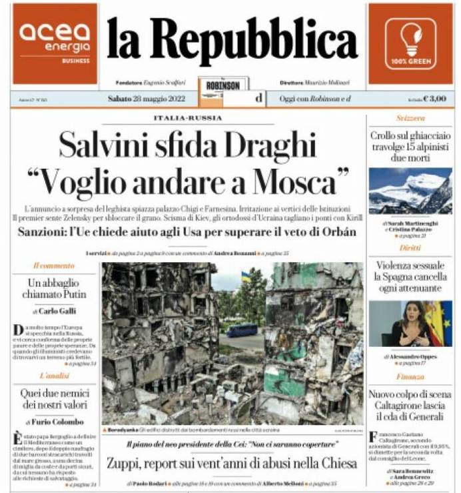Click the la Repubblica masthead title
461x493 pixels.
pyautogui.click(x=232, y=40)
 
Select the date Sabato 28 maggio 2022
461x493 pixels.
pyautogui.click(x=142, y=99)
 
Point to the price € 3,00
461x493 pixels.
pyautogui.click(x=434, y=99)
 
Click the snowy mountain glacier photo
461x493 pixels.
pyautogui.click(x=410, y=189)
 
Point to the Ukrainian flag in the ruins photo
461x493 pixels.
pyautogui.click(x=246, y=276)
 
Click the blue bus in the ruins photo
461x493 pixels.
pyautogui.click(x=241, y=330)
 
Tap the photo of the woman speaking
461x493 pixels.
pyautogui.click(x=410, y=324)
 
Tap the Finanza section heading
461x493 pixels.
pyautogui.click(x=410, y=377)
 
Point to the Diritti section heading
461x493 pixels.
pyautogui.click(x=410, y=248)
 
